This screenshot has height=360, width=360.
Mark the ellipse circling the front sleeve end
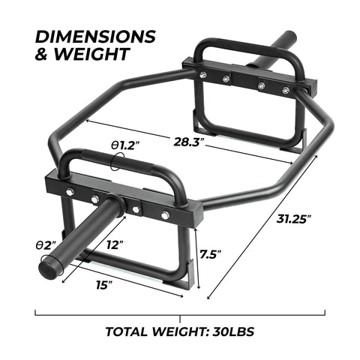(x=52, y=263)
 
